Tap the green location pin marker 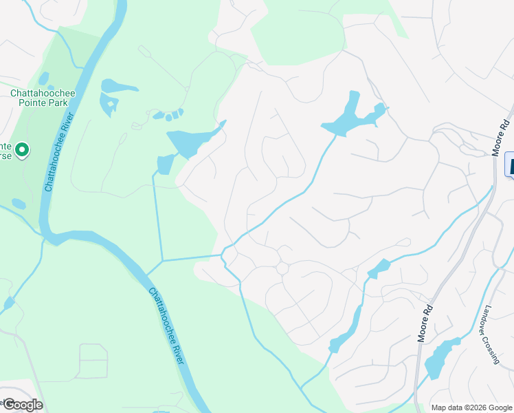point(22,149)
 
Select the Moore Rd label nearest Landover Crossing point(424,323)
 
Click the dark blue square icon point(510,165)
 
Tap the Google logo point(22,405)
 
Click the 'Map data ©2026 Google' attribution point(471,407)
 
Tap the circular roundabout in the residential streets point(282,268)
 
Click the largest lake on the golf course point(190,141)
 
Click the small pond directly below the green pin point(19,204)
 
